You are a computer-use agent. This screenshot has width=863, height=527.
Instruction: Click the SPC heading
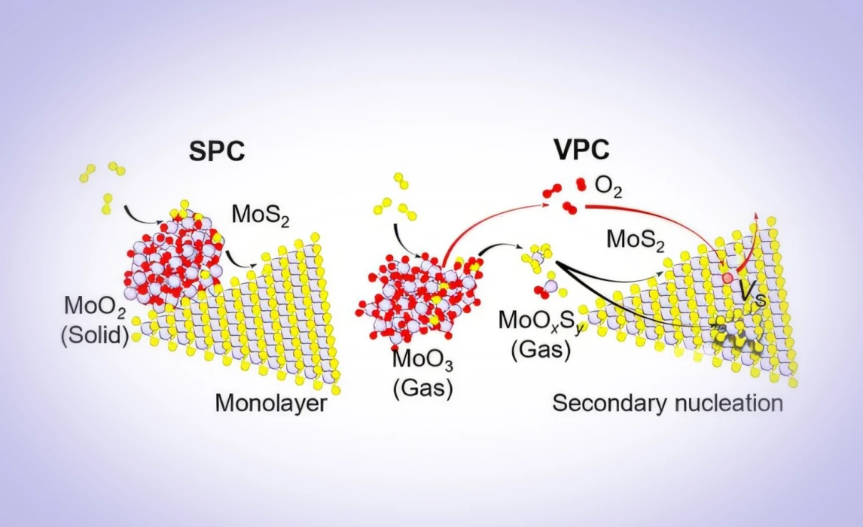tap(217, 150)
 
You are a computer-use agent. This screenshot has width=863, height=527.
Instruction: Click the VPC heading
tap(582, 149)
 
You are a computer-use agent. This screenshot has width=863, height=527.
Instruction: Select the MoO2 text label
tap(95, 306)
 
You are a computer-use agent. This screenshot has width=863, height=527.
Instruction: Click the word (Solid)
tap(95, 334)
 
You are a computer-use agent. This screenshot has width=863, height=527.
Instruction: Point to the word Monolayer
tap(271, 404)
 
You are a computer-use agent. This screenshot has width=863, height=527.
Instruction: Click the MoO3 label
tap(422, 361)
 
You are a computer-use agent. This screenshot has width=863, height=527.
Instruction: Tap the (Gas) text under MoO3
tap(422, 388)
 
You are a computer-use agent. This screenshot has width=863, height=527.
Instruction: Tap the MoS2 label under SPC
tap(261, 215)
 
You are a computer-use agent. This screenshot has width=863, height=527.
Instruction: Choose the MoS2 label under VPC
tap(635, 240)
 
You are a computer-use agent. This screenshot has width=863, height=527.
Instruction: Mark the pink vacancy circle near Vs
tap(728, 278)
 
